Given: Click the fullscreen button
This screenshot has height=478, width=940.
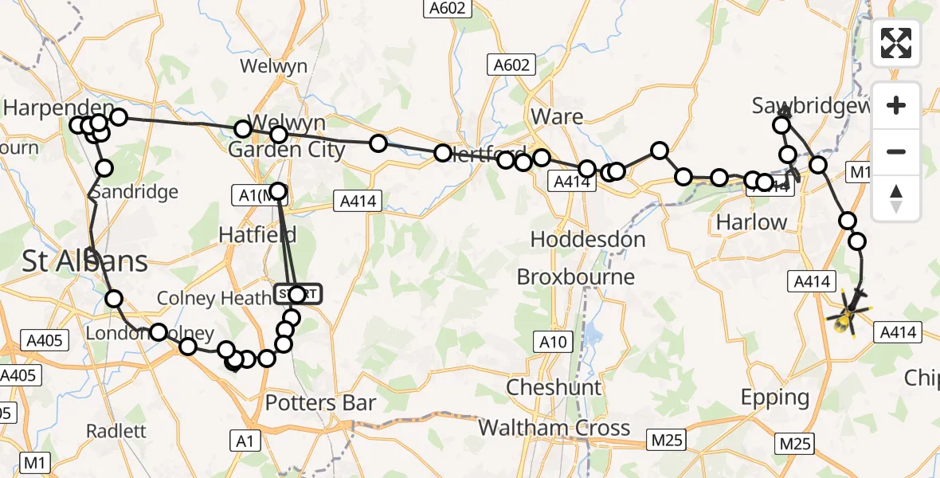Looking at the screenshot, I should (896, 43).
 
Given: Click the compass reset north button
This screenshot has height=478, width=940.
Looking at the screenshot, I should (896, 198).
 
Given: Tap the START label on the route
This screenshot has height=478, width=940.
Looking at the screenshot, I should (299, 294).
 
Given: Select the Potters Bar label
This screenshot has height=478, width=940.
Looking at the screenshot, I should (319, 403).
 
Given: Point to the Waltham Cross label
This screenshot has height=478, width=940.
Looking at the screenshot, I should (554, 428).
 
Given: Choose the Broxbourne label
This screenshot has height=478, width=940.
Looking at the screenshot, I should (576, 277).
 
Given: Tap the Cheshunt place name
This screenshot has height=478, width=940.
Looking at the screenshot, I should (554, 387).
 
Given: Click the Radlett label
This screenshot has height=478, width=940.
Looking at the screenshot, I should (117, 431).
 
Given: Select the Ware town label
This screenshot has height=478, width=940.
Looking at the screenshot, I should (557, 116).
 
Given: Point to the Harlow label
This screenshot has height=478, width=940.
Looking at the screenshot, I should (751, 222).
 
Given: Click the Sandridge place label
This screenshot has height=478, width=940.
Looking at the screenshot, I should (134, 192).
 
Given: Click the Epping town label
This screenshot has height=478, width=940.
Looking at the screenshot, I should (774, 397).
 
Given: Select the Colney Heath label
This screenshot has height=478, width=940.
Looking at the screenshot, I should (213, 298).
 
